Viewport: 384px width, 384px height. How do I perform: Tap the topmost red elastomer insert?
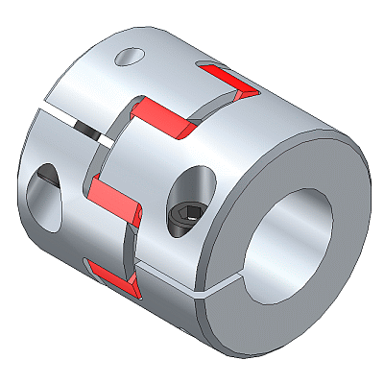(227, 80)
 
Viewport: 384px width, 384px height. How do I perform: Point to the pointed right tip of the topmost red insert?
(255, 93)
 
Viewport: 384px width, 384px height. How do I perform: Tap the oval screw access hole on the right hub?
(195, 187)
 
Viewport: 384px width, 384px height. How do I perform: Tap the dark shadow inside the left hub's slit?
(88, 135)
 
